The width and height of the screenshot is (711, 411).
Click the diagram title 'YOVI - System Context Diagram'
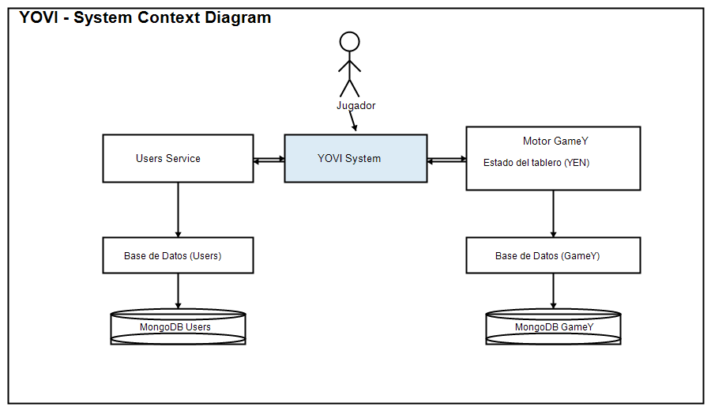(145, 17)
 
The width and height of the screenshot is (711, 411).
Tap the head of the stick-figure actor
(349, 41)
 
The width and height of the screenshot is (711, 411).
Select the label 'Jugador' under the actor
(355, 105)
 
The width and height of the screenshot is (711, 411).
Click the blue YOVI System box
(355, 158)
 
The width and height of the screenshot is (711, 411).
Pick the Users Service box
(178, 158)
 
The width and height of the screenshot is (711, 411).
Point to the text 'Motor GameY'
(555, 141)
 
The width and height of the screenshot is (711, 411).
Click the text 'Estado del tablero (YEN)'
(536, 163)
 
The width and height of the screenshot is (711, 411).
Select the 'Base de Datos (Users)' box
(178, 255)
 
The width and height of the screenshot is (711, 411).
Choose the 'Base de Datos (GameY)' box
(553, 255)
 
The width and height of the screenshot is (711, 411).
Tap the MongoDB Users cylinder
(178, 326)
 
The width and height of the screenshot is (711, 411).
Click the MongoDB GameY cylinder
(553, 326)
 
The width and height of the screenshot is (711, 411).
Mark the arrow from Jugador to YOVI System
(353, 121)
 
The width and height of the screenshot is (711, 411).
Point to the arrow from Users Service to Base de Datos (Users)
(178, 209)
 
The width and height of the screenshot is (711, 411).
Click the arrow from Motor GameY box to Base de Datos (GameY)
(553, 213)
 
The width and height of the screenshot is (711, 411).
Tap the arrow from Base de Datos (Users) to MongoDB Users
(178, 291)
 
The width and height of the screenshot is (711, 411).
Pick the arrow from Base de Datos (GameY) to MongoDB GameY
(553, 291)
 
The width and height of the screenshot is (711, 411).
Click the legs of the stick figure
(349, 86)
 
